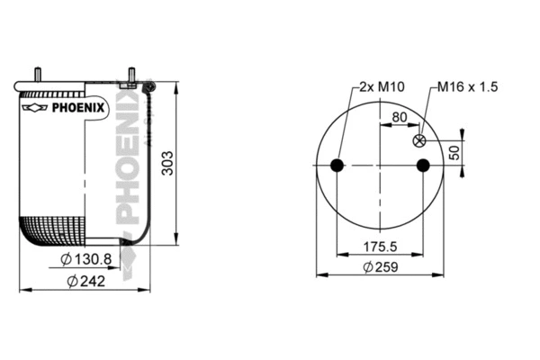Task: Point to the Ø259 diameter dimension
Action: [x=381, y=267]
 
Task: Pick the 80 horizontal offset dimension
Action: [x=399, y=116]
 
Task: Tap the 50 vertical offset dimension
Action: [x=454, y=152]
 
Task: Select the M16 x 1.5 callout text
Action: [x=467, y=87]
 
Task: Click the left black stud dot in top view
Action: [x=337, y=166]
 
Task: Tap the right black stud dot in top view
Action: [x=423, y=166]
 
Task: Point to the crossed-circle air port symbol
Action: [x=418, y=141]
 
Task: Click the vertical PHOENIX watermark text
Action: [x=129, y=157]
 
